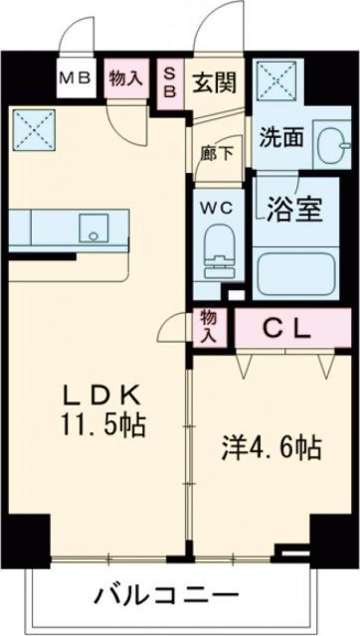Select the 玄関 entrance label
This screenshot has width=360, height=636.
coord(213,80)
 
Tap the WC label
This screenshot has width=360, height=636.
coord(217,208)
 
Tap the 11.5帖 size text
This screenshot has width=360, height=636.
coord(99,426)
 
